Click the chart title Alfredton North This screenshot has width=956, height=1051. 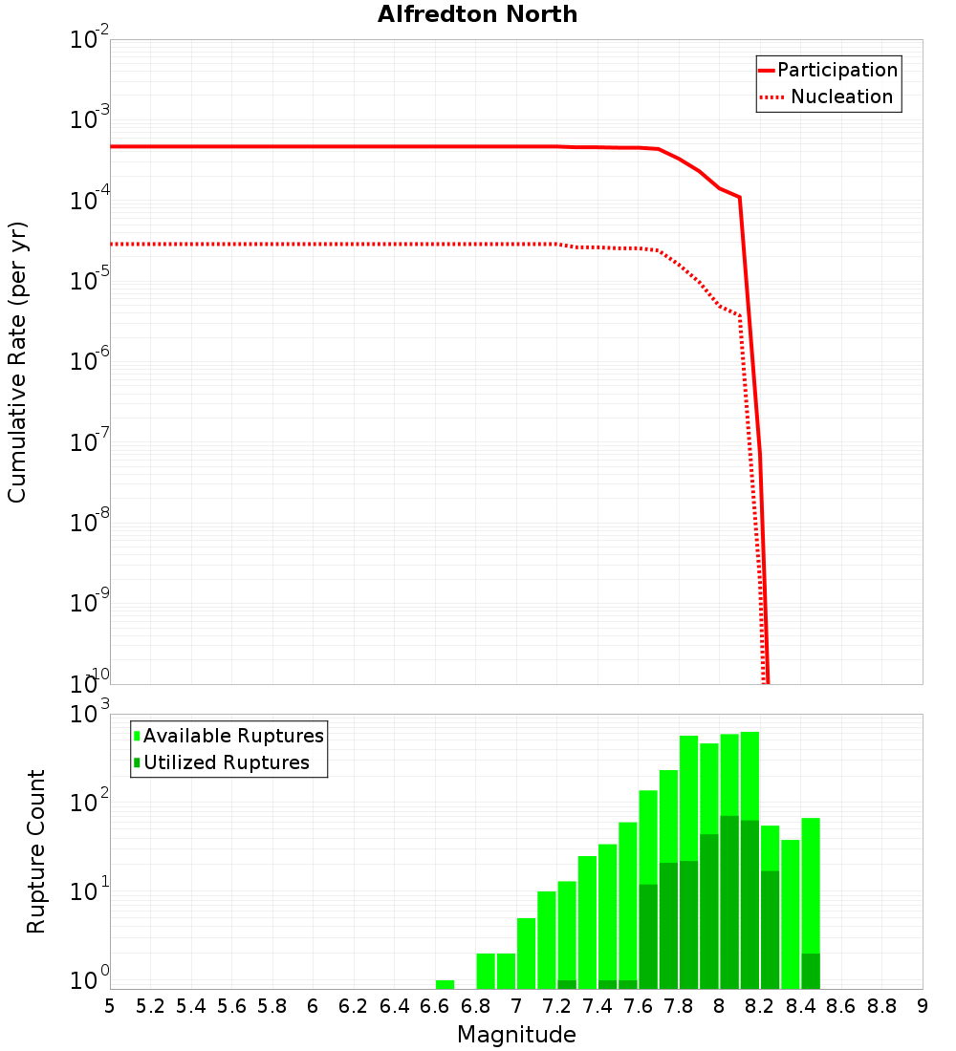pyautogui.click(x=477, y=14)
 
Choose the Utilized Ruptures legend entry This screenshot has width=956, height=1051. pyautogui.click(x=226, y=762)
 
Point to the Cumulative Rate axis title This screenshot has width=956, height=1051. pyautogui.click(x=17, y=361)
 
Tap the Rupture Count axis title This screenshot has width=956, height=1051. pyautogui.click(x=36, y=851)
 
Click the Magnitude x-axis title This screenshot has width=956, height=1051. pyautogui.click(x=516, y=1034)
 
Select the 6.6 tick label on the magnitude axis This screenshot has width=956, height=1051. pyautogui.click(x=435, y=1005)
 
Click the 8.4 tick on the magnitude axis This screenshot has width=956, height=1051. pyautogui.click(x=800, y=1005)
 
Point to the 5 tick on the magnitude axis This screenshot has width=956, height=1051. pyautogui.click(x=110, y=1005)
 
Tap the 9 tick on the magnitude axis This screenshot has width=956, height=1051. pyautogui.click(x=922, y=1005)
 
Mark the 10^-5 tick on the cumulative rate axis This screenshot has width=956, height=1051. pyautogui.click(x=88, y=281)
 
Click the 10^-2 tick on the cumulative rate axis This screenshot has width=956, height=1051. pyautogui.click(x=88, y=40)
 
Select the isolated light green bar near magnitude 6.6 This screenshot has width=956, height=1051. pyautogui.click(x=445, y=984)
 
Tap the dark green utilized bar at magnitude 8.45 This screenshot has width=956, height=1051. pyautogui.click(x=811, y=971)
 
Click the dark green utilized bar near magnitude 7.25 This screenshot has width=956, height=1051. pyautogui.click(x=567, y=984)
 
